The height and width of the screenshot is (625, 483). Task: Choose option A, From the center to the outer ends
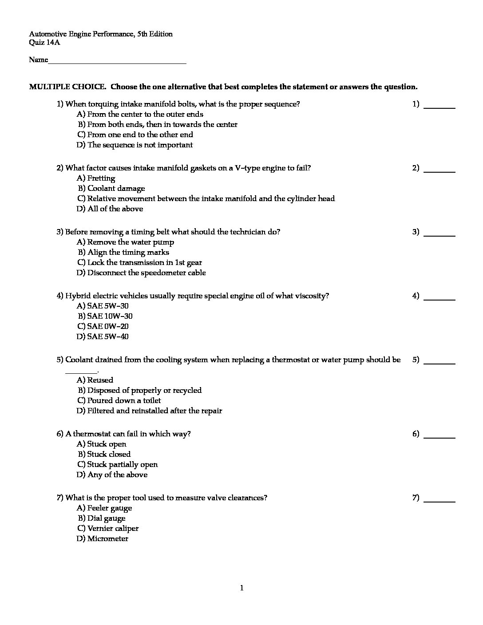pyautogui.click(x=140, y=115)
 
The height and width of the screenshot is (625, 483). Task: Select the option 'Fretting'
pyautogui.click(x=96, y=178)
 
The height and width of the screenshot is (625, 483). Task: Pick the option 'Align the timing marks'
pyautogui.click(x=123, y=253)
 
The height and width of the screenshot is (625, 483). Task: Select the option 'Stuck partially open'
pyautogui.click(x=118, y=465)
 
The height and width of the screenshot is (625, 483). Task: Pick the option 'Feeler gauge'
pyautogui.click(x=104, y=508)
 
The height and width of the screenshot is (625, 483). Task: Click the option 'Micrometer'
pyautogui.click(x=103, y=539)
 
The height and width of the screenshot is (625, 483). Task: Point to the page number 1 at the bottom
pyautogui.click(x=242, y=589)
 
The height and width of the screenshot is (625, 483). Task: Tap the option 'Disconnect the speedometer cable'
pyautogui.click(x=141, y=273)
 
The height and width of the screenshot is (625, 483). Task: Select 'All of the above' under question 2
pyautogui.click(x=110, y=209)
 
